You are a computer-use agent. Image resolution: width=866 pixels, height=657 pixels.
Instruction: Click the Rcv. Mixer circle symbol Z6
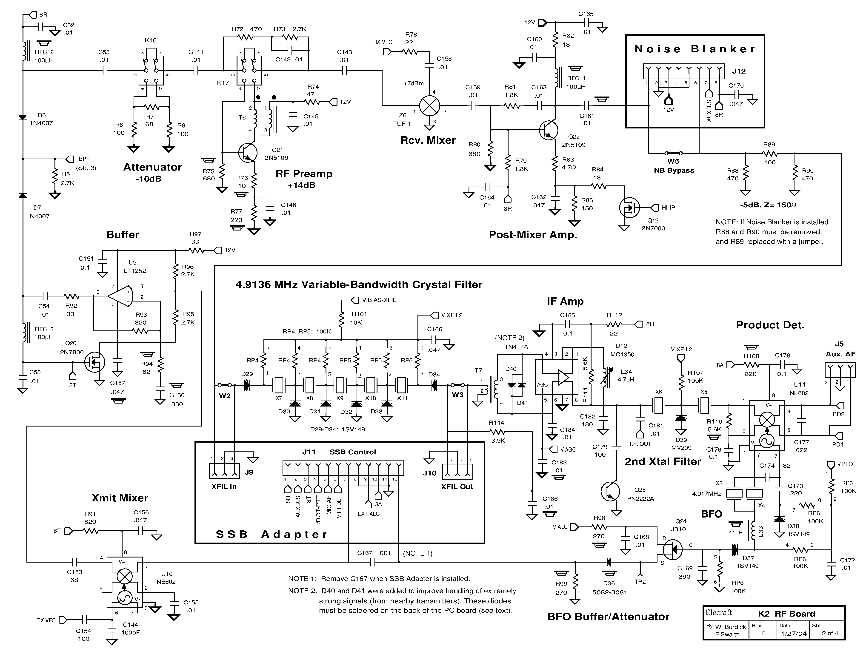[x=429, y=105]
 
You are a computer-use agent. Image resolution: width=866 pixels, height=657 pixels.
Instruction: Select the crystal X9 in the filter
[x=339, y=385]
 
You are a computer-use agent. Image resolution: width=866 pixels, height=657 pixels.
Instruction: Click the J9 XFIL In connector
[x=224, y=471]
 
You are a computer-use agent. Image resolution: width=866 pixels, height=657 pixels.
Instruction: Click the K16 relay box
[x=151, y=71]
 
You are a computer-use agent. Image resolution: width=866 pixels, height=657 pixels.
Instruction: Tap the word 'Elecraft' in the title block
[x=718, y=612]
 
